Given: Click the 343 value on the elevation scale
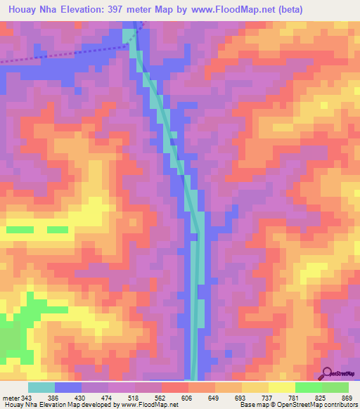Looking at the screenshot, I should click(x=32, y=398).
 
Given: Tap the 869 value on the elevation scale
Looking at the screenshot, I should click(x=347, y=398).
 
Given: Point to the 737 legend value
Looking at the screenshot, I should click(x=257, y=398).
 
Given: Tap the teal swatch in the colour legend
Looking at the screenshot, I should click(x=41, y=387).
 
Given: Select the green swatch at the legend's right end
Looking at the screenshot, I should click(x=335, y=387).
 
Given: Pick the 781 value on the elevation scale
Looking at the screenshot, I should click(x=286, y=398).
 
